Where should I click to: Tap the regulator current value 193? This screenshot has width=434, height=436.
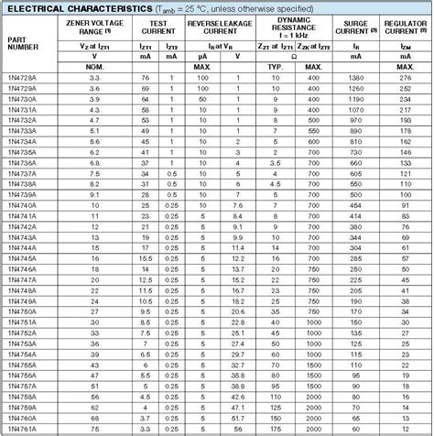click(x=406, y=122)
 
